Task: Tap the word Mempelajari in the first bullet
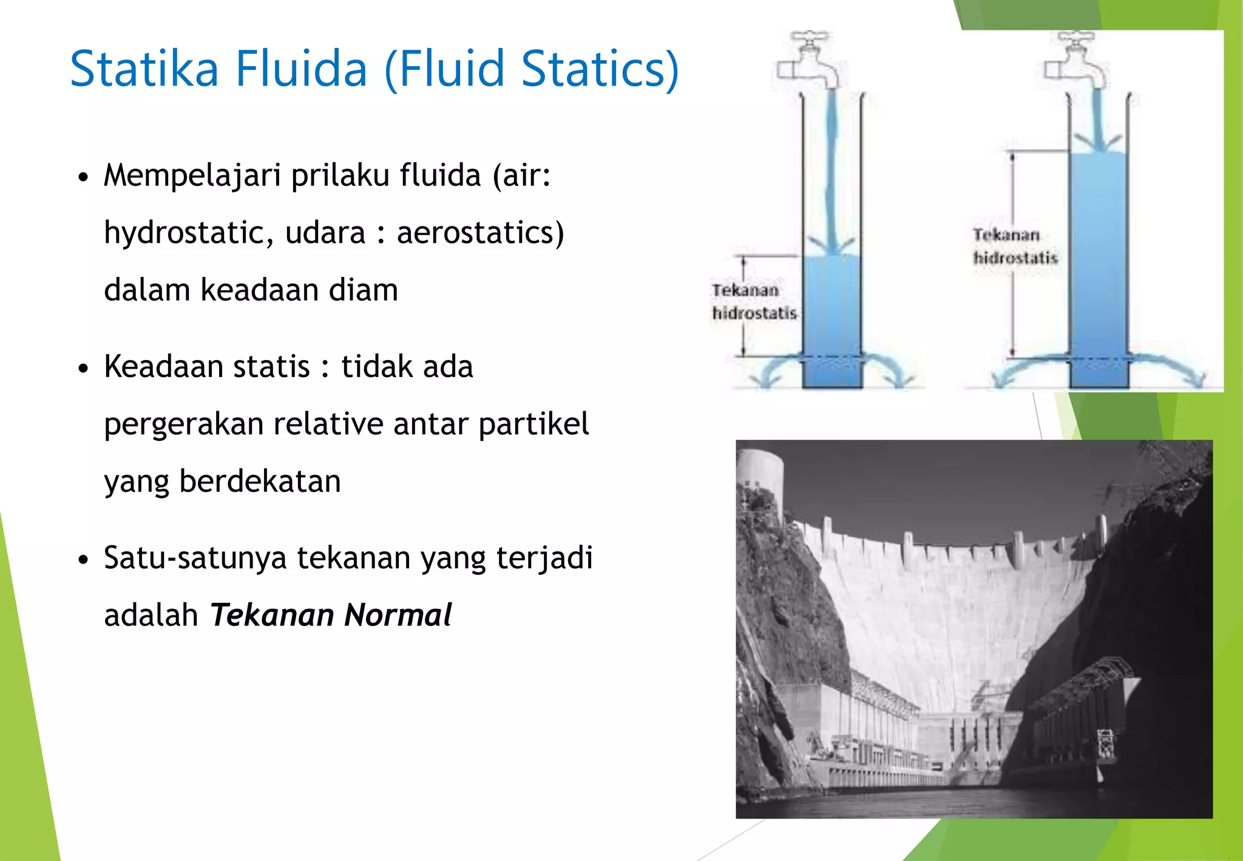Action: click(x=192, y=176)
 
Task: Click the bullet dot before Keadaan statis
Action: click(x=84, y=369)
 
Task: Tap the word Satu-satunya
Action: click(x=194, y=558)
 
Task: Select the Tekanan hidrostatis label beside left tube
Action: click(x=753, y=302)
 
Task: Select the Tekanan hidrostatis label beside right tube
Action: click(x=1015, y=247)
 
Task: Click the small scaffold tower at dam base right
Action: click(x=1106, y=744)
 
